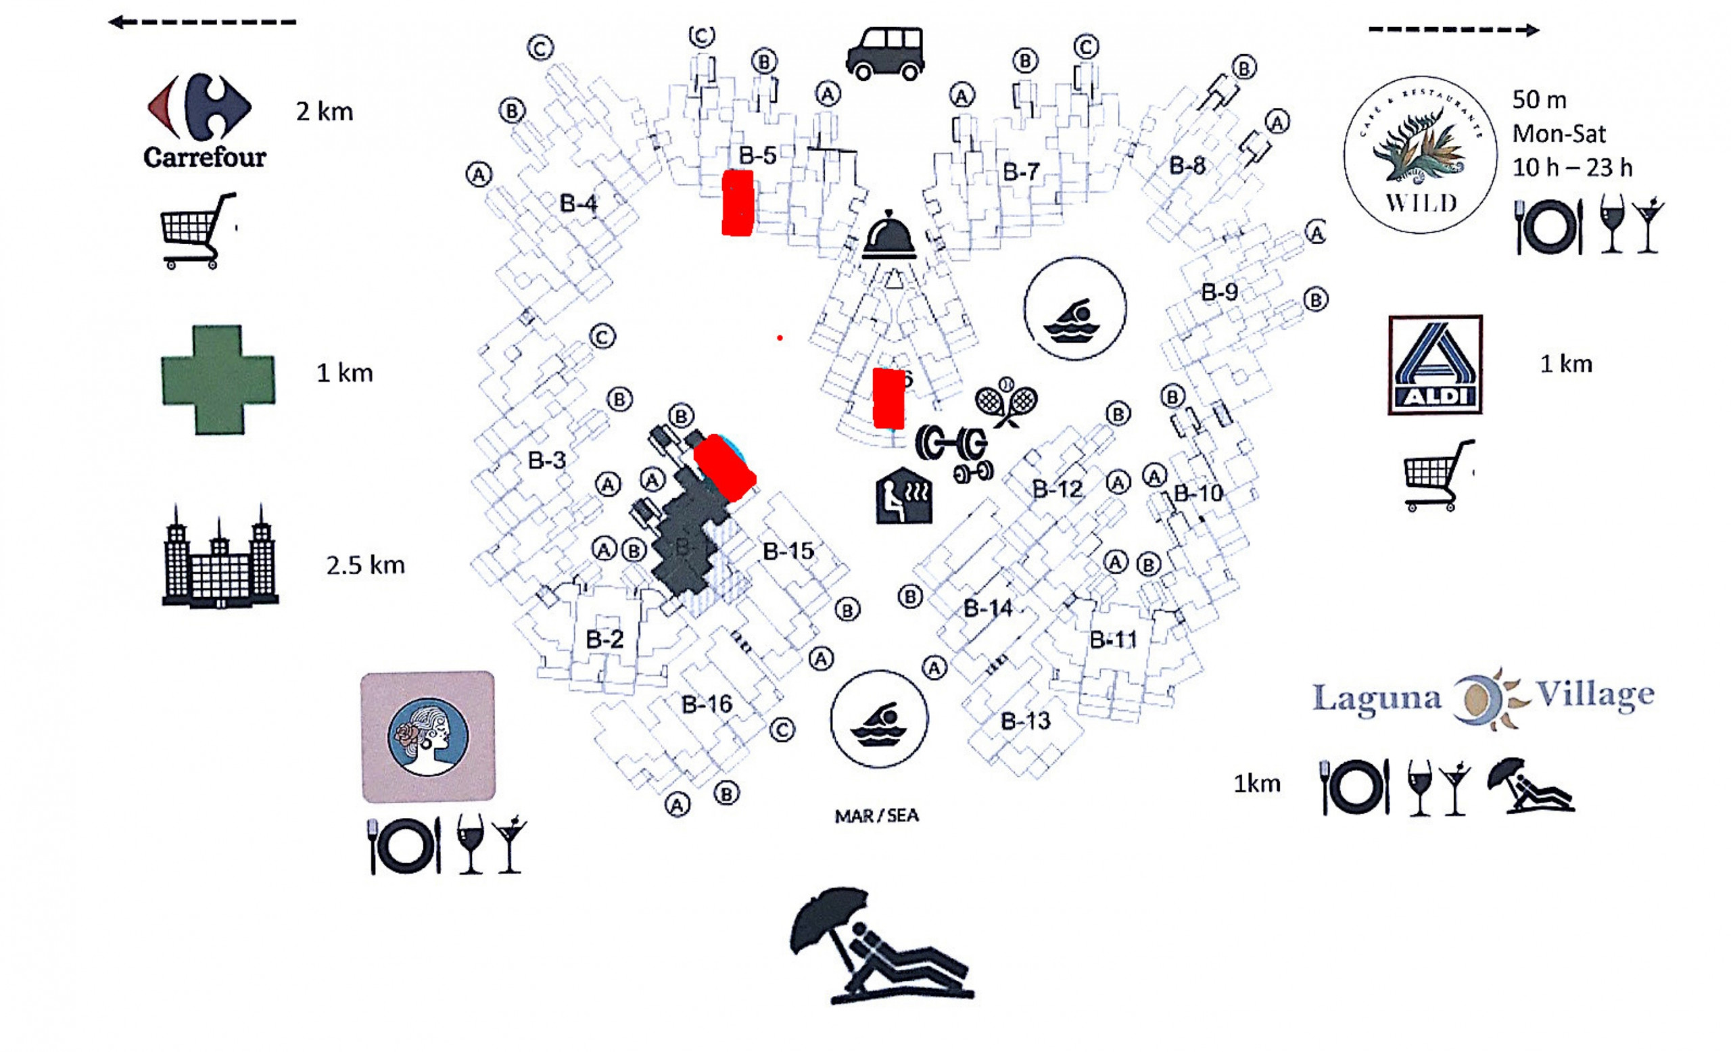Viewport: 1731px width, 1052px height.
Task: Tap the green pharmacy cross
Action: pyautogui.click(x=218, y=379)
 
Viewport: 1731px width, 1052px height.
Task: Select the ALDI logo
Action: pyautogui.click(x=1436, y=364)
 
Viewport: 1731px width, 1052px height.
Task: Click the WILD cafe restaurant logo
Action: pyautogui.click(x=1420, y=155)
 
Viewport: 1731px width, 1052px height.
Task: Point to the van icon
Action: pyautogui.click(x=885, y=53)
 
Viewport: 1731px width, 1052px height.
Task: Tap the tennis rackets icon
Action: pyautogui.click(x=1006, y=402)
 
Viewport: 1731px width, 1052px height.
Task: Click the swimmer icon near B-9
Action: pyautogui.click(x=1075, y=309)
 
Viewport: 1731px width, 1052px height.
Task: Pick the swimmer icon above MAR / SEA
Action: pyautogui.click(x=879, y=719)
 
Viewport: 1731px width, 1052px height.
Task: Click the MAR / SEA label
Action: pyautogui.click(x=876, y=815)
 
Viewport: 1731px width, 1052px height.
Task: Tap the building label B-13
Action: pyautogui.click(x=1025, y=721)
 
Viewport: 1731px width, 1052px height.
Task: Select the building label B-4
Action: pyautogui.click(x=578, y=204)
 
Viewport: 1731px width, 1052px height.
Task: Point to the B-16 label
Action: pyautogui.click(x=707, y=704)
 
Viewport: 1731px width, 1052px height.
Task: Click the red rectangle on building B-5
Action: pyautogui.click(x=738, y=203)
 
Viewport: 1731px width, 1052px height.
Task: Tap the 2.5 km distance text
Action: pyautogui.click(x=365, y=565)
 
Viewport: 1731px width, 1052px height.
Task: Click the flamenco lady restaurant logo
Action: pyautogui.click(x=428, y=737)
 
